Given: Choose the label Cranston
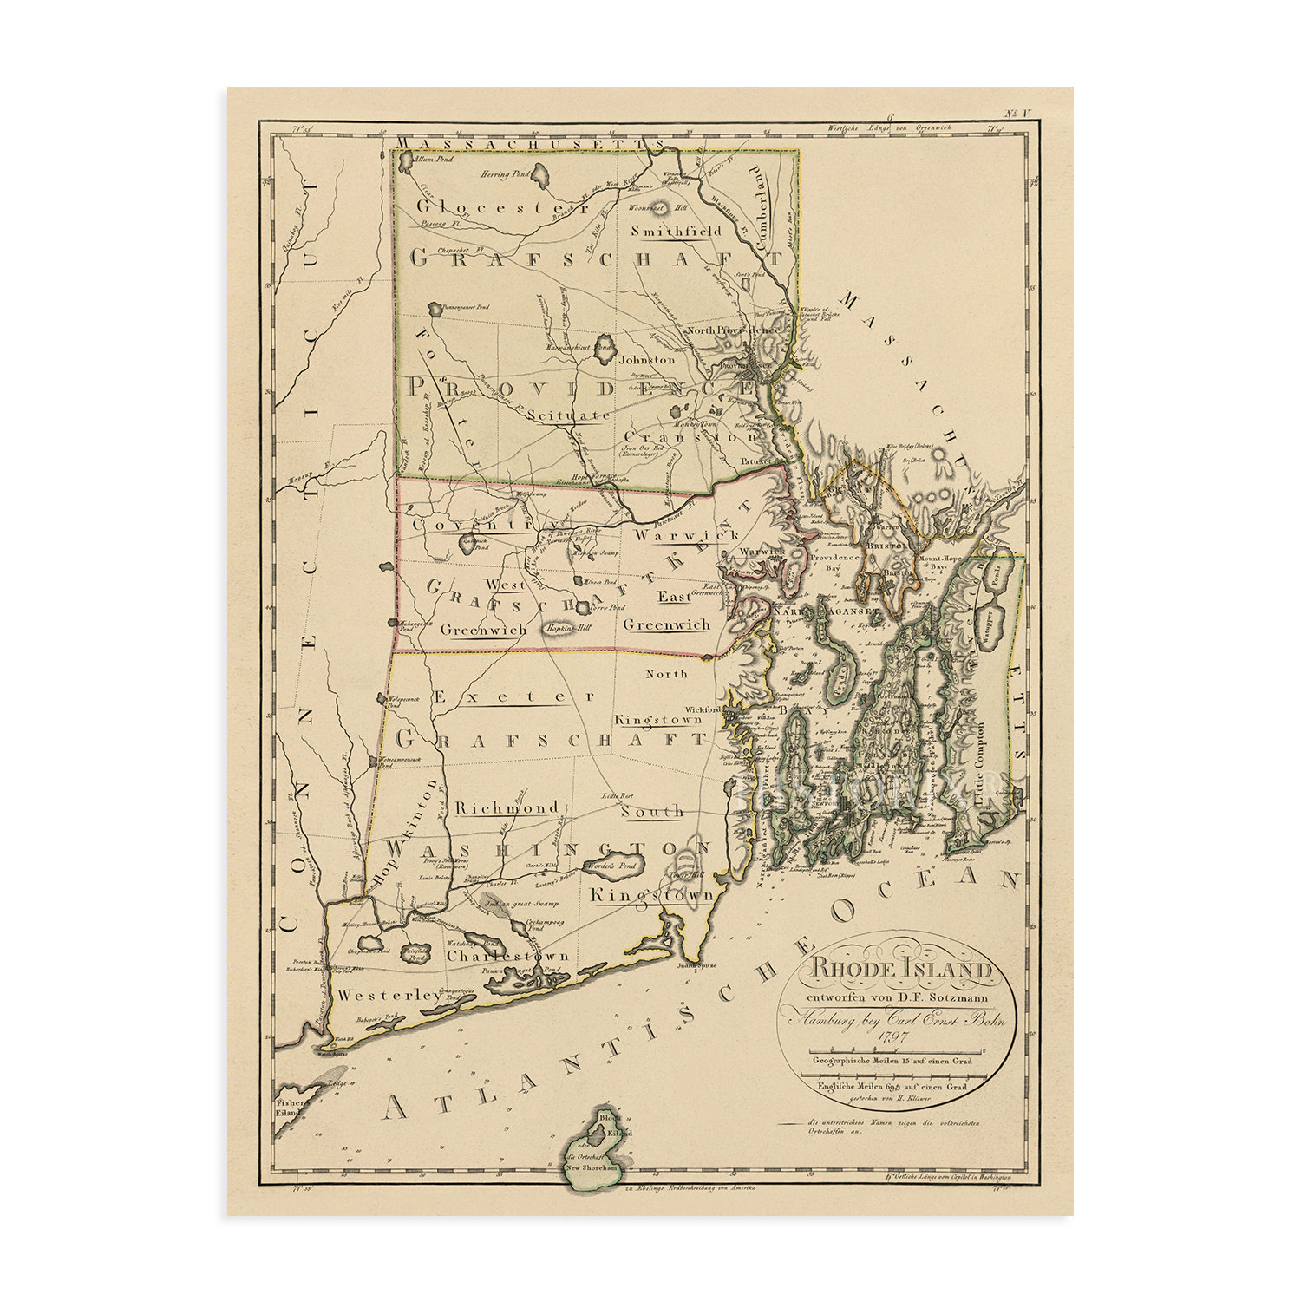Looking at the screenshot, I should pos(690,438).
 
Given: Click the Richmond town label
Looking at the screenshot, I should pos(507,808).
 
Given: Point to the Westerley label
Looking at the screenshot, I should pos(390,997).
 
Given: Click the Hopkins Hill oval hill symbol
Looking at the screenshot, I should pos(563,629).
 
